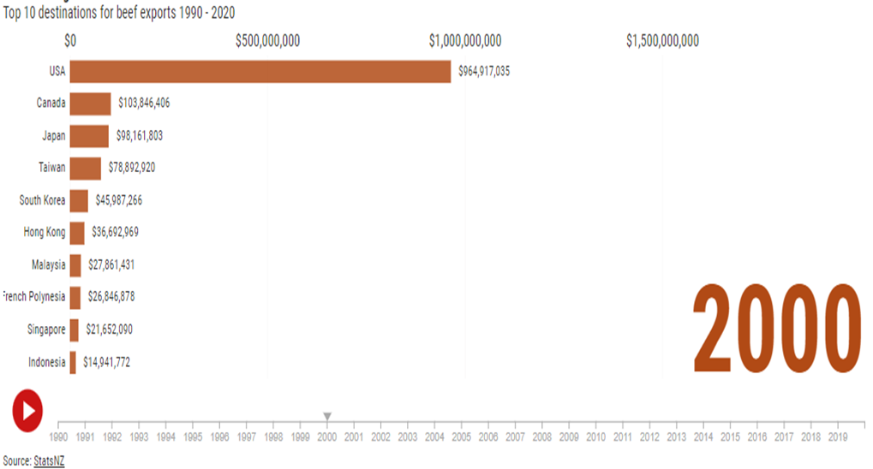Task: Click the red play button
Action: (27, 410)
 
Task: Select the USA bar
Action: (260, 72)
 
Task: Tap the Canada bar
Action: (90, 104)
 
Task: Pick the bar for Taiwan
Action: (85, 169)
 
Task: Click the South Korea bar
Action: (79, 200)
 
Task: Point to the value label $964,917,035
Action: (484, 72)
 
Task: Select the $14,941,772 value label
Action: (107, 362)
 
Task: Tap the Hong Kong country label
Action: (44, 233)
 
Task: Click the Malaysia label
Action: (49, 265)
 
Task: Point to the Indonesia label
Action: (46, 362)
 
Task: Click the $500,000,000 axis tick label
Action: (267, 41)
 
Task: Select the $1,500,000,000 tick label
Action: (663, 41)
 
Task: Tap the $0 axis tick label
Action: (70, 41)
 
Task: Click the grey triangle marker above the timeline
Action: (327, 417)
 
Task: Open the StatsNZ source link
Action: (49, 460)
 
